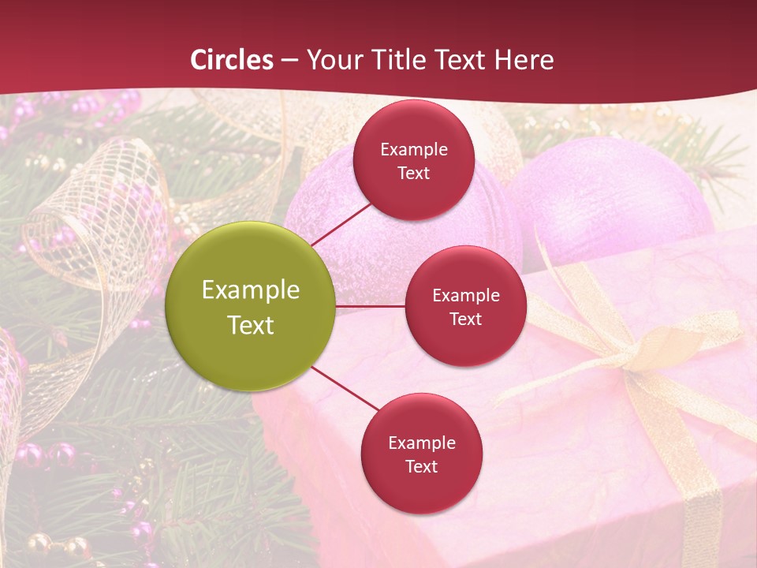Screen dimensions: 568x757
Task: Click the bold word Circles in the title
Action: [231, 59]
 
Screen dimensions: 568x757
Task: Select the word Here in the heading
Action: [523, 59]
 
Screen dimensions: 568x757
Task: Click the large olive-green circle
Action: [251, 306]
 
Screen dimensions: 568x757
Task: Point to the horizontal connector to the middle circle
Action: [371, 306]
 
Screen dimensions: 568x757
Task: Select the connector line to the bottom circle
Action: [345, 389]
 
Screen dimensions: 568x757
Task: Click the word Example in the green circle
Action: [251, 290]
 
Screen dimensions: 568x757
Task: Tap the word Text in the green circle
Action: [251, 325]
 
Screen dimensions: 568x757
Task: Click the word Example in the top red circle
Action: [414, 149]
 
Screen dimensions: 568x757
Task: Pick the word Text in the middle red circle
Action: [465, 319]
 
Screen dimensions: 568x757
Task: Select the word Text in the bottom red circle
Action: [421, 467]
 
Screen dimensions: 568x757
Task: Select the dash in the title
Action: [289, 60]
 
